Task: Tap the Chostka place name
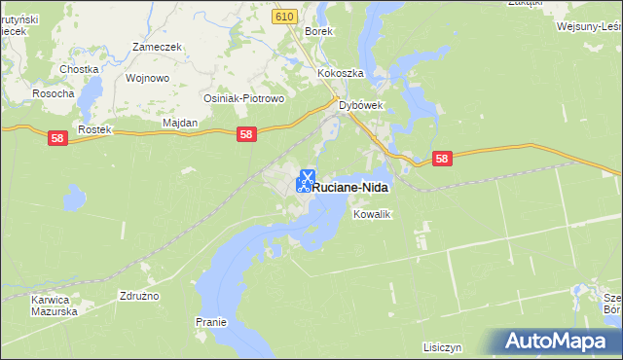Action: coord(79,69)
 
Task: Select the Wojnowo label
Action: coord(148,78)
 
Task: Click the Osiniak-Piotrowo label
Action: coord(241,99)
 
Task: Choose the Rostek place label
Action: coord(96,129)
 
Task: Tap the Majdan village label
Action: coord(179,123)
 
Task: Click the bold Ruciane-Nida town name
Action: coord(351,185)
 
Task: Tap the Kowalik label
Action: coord(371,214)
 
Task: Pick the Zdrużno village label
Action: coord(139,295)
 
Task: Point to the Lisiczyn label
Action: coord(441,347)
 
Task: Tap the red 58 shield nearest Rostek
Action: coord(57,140)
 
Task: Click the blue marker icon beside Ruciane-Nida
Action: coord(305,181)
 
